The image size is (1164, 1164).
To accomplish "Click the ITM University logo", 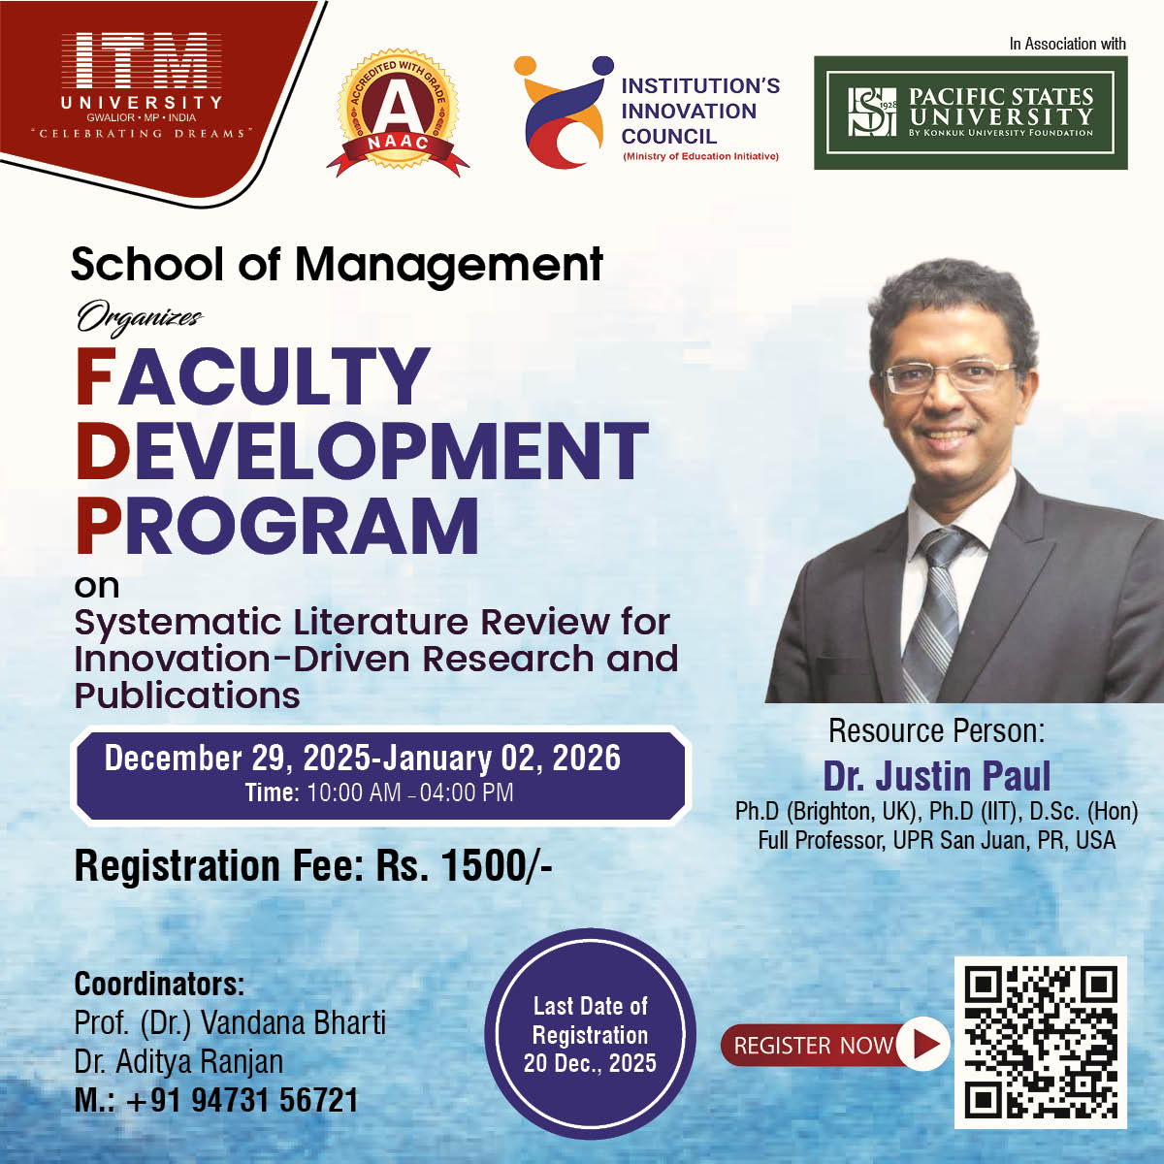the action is (x=142, y=84).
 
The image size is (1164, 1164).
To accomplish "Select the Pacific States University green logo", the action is (x=970, y=113).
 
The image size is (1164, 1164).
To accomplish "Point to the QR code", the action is (x=1040, y=1042).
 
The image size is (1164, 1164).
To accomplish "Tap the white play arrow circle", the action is (x=923, y=1045).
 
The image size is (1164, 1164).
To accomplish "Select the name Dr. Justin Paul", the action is (x=937, y=776).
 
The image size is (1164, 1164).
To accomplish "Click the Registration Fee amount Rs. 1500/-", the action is (x=464, y=866).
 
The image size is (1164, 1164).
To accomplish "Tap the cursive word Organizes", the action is (x=140, y=317).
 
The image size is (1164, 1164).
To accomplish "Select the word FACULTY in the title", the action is (x=252, y=375).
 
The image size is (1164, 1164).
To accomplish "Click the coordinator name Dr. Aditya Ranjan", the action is (x=178, y=1061).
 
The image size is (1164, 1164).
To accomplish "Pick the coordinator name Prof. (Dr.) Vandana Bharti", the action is (x=230, y=1022).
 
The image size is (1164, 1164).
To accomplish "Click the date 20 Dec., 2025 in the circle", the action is (x=590, y=1063).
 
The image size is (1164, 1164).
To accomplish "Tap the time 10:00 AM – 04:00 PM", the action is (x=410, y=792).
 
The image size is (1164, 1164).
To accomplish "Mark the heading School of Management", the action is (x=337, y=265).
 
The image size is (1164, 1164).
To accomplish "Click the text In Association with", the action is (x=1067, y=44).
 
